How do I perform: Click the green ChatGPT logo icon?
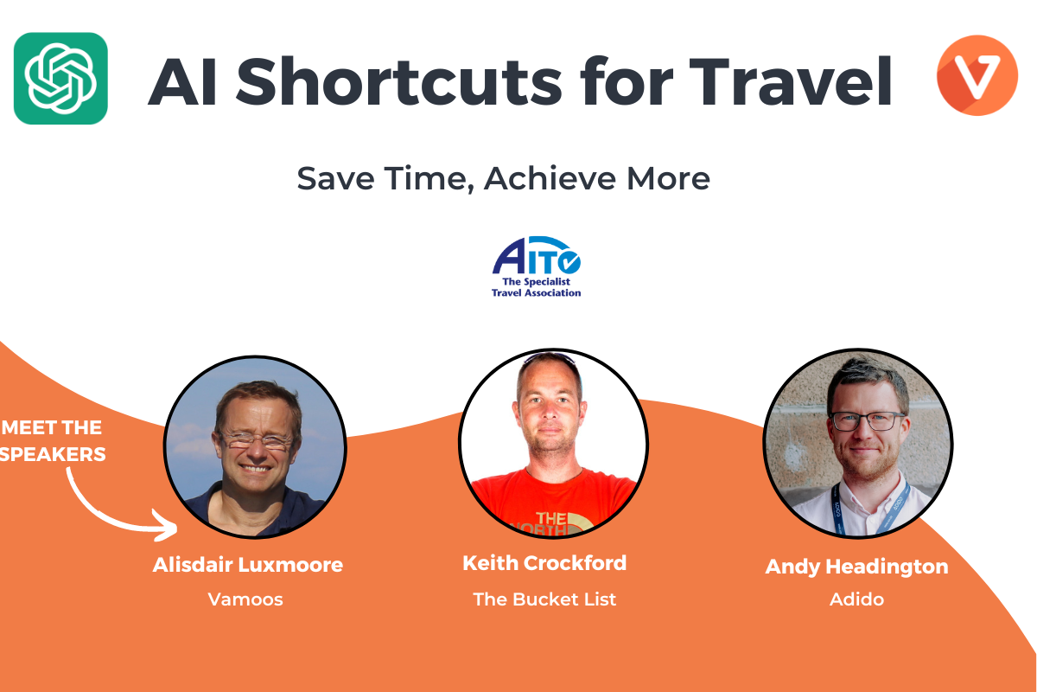pyautogui.click(x=60, y=79)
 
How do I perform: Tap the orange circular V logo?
pyautogui.click(x=977, y=75)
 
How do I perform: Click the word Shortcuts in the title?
pyautogui.click(x=398, y=82)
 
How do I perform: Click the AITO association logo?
pyautogui.click(x=536, y=266)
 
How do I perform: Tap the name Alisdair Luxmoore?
pyautogui.click(x=248, y=565)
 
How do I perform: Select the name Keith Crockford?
pyautogui.click(x=544, y=563)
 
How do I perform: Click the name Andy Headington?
pyautogui.click(x=856, y=567)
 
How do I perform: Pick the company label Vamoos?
pyautogui.click(x=245, y=599)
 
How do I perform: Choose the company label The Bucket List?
pyautogui.click(x=544, y=599)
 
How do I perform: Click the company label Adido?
pyautogui.click(x=856, y=599)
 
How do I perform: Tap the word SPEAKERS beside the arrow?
pyautogui.click(x=53, y=454)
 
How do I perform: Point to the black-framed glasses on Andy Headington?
pyautogui.click(x=867, y=421)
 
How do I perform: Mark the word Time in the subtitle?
pyautogui.click(x=429, y=179)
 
